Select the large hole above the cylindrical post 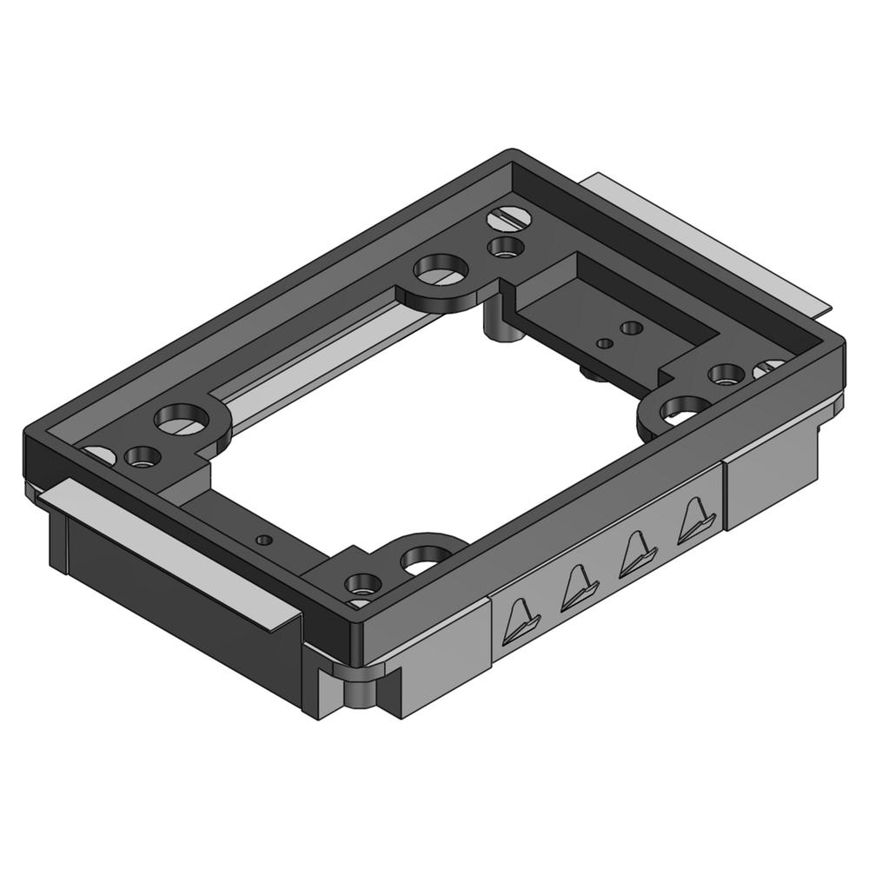click(x=436, y=269)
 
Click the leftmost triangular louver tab click(x=521, y=618)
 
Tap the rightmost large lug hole click(x=685, y=408)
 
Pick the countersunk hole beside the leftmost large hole click(x=140, y=455)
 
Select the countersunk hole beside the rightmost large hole click(x=725, y=375)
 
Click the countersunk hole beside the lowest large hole click(x=359, y=582)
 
